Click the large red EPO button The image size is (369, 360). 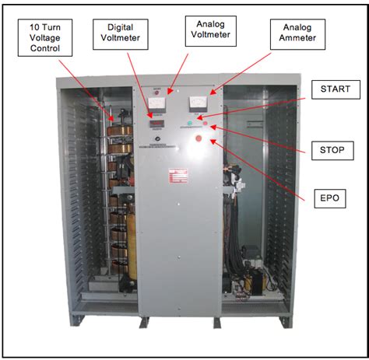point(199,139)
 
